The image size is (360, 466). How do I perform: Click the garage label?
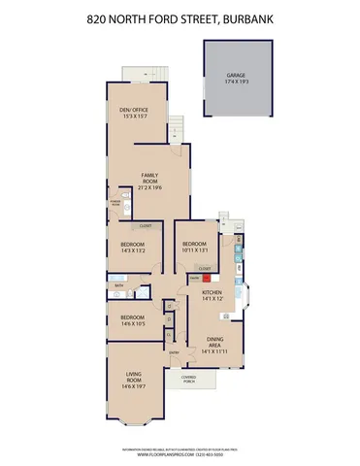click(236, 77)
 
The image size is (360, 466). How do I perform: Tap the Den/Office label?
click(132, 114)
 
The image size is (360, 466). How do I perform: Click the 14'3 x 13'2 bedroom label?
click(133, 248)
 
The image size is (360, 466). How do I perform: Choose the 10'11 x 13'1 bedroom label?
click(194, 248)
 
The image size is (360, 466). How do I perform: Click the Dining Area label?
click(217, 341)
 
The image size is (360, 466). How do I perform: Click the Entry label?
click(175, 351)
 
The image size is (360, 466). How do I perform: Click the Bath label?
click(118, 285)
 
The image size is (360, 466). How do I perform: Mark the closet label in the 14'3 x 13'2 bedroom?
click(145, 226)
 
